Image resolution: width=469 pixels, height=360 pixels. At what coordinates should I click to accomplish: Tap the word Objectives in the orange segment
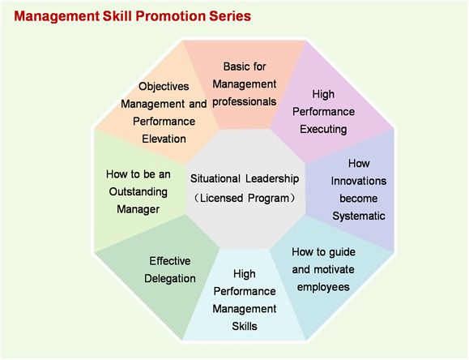coord(164,87)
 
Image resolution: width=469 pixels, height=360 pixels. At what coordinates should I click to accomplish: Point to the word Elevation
coord(164,139)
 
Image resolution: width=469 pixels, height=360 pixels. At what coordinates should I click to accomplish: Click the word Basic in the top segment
coord(234,66)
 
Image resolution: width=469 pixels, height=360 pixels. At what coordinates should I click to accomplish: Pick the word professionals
coord(245,102)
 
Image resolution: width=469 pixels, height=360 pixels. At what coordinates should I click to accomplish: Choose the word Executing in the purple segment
coord(323,130)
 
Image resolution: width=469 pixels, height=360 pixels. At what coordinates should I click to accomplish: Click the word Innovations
coord(359,181)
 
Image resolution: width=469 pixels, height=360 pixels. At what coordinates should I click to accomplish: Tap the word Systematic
coord(359,216)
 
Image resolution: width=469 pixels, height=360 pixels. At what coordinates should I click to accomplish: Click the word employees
coord(323,287)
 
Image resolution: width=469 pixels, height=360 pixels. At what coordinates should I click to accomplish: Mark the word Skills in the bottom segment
coord(245,326)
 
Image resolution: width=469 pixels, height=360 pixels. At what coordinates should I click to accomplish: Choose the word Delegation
coord(170,279)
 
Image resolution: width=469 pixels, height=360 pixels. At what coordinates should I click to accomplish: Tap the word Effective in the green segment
coord(170,261)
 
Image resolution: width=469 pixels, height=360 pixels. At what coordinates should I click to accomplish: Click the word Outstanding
coord(139,191)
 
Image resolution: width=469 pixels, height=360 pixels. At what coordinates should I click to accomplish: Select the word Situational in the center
coord(215,178)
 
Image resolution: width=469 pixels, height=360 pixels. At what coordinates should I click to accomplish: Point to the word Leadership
coord(272,179)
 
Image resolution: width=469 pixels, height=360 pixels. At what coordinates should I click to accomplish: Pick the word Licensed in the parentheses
coord(221,198)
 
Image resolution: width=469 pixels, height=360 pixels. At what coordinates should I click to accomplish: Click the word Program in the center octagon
coord(268,199)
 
